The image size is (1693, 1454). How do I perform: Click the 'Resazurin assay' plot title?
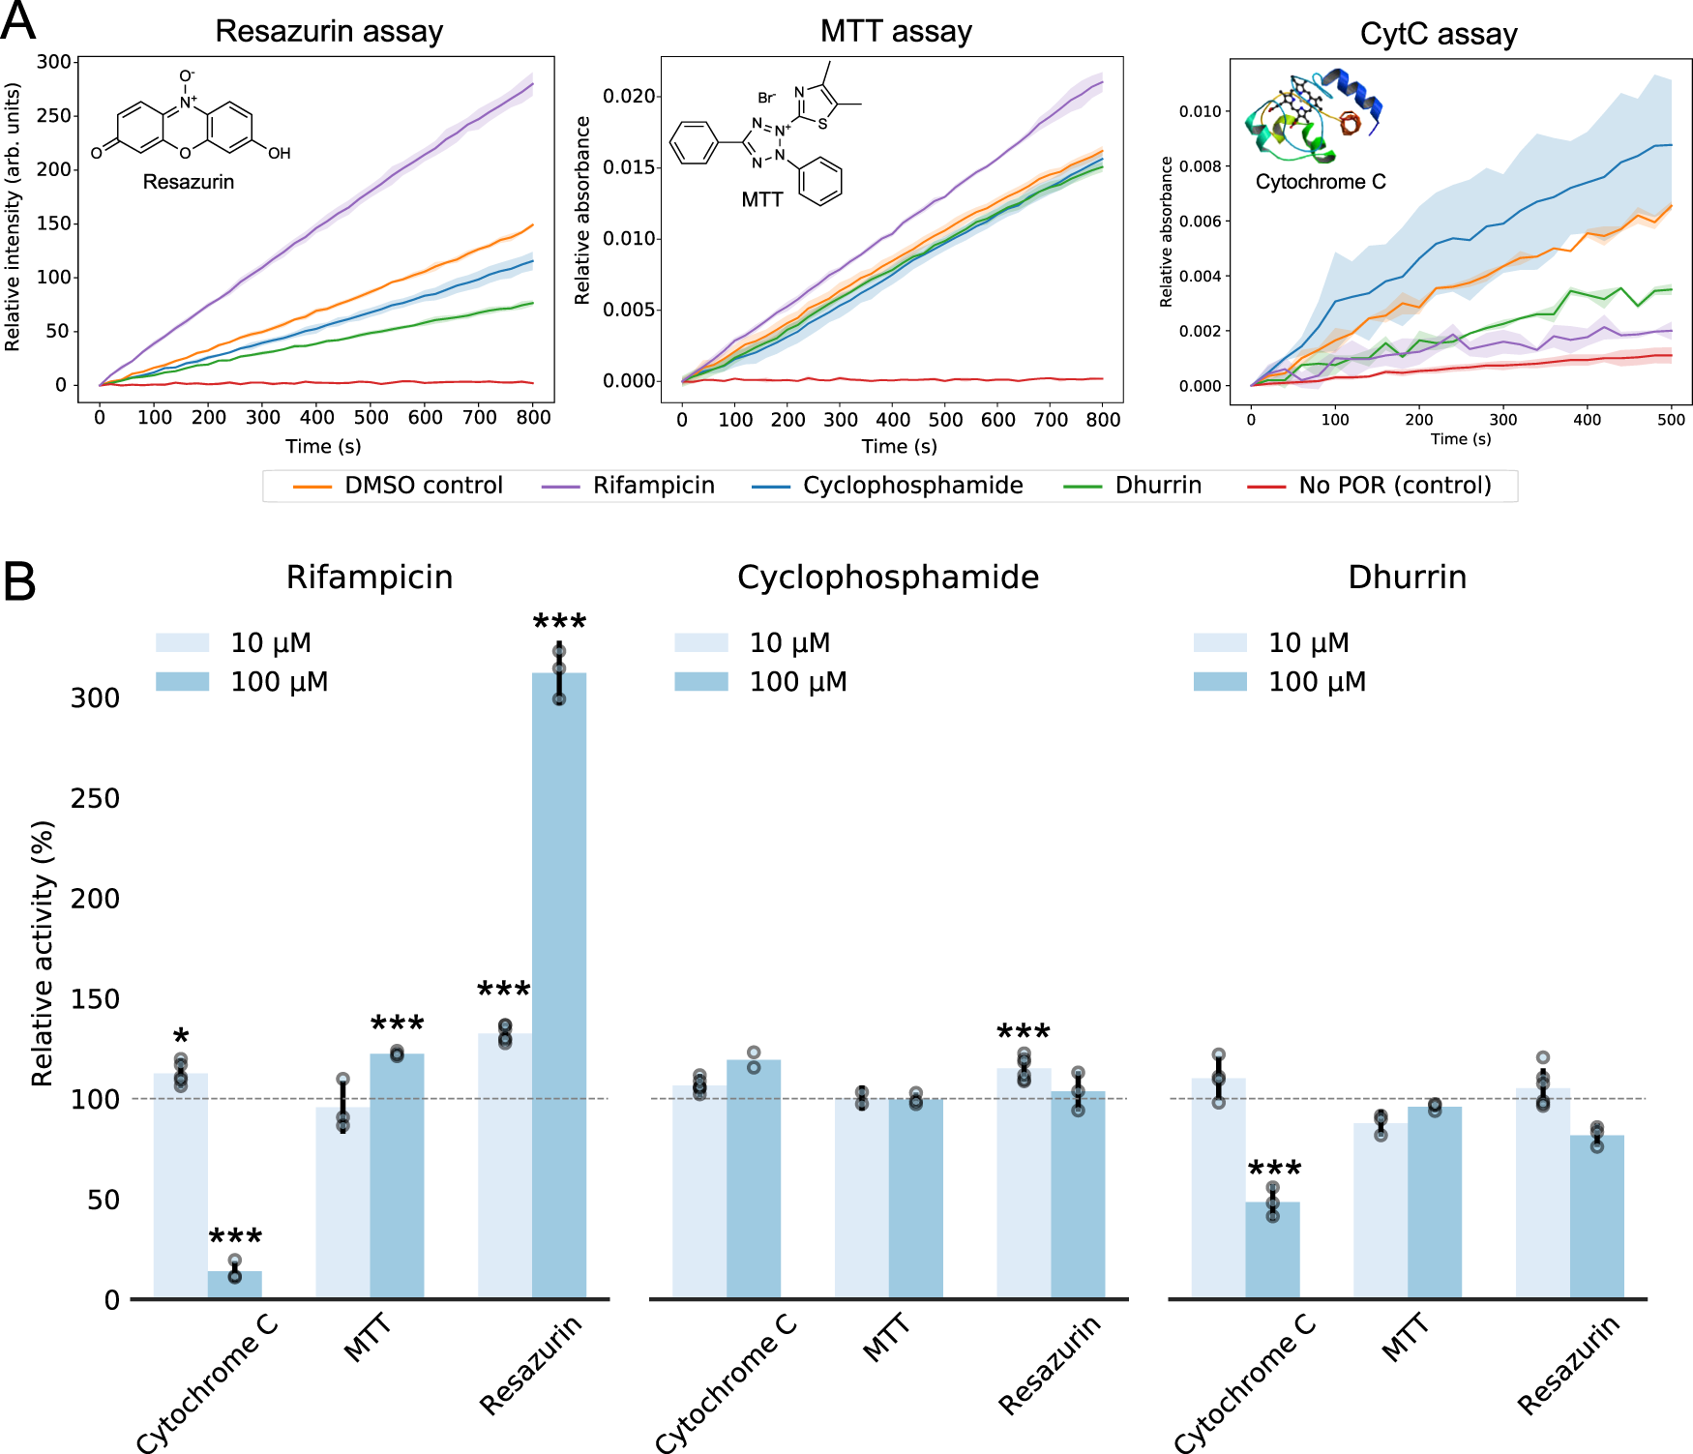coord(329,31)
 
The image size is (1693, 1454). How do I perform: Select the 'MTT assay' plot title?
coord(896,31)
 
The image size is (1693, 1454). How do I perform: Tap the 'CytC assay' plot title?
coord(1439,34)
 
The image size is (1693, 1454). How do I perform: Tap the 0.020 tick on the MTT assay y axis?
coord(629,96)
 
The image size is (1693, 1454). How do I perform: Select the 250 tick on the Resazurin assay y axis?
coord(54,115)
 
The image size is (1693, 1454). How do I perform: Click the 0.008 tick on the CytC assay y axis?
coord(1200,166)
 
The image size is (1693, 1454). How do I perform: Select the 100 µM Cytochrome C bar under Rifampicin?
coord(235,1285)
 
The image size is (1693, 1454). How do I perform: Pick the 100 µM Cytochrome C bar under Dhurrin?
coord(1272,1250)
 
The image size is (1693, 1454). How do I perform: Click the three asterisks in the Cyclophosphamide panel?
coord(1024,1032)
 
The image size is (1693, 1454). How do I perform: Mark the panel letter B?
coord(19,582)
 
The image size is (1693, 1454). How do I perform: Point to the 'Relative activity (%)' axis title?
coord(42,954)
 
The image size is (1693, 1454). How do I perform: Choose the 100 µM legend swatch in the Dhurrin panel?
coord(1219,682)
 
